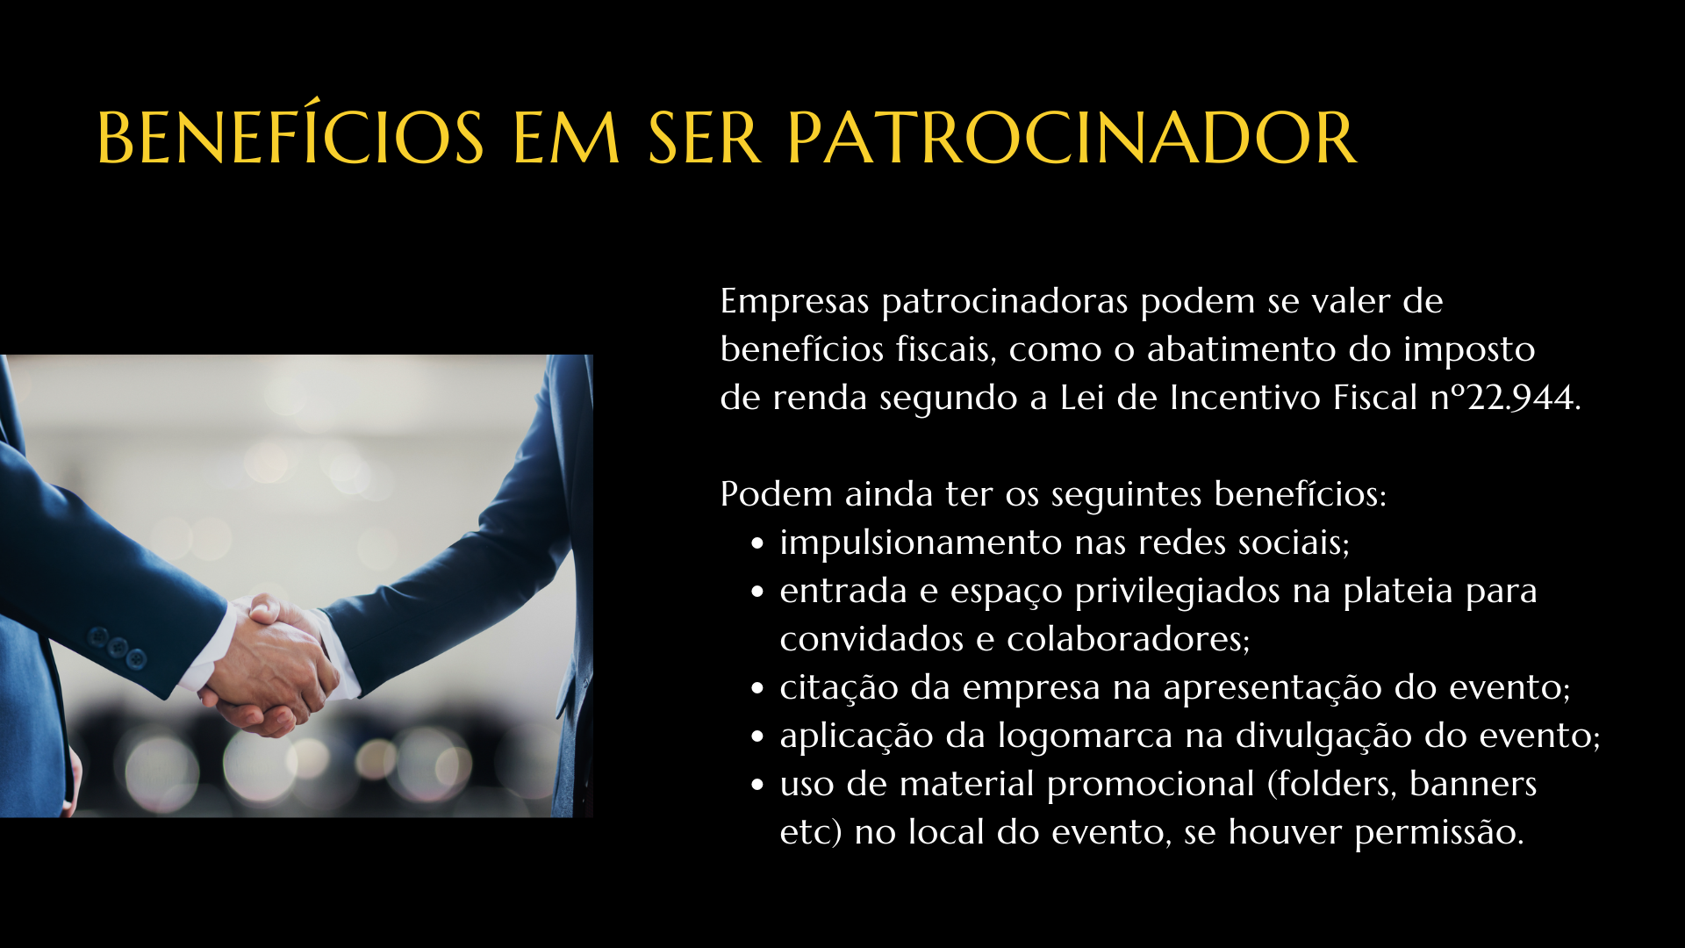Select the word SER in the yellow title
coord(704,138)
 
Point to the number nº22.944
coord(1505,398)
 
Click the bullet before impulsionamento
coord(758,543)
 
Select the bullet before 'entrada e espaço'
coord(758,592)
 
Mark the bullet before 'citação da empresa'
coord(758,688)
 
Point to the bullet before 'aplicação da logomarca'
coord(758,736)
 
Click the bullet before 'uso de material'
coord(758,785)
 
